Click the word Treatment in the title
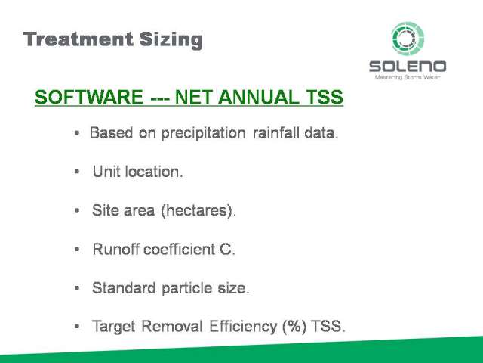click(78, 39)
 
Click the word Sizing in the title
click(171, 41)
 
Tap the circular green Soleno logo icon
click(408, 39)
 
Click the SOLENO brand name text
click(408, 67)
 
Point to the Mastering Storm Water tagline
click(408, 77)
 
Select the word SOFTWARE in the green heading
click(89, 97)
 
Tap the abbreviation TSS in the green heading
click(325, 97)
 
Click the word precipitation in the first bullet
click(203, 133)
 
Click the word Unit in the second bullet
click(106, 172)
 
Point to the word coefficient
click(180, 249)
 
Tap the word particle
click(186, 288)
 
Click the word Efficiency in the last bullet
click(243, 327)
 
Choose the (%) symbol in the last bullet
click(294, 327)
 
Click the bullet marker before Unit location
click(77, 172)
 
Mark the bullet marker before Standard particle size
click(77, 288)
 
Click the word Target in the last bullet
click(114, 327)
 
